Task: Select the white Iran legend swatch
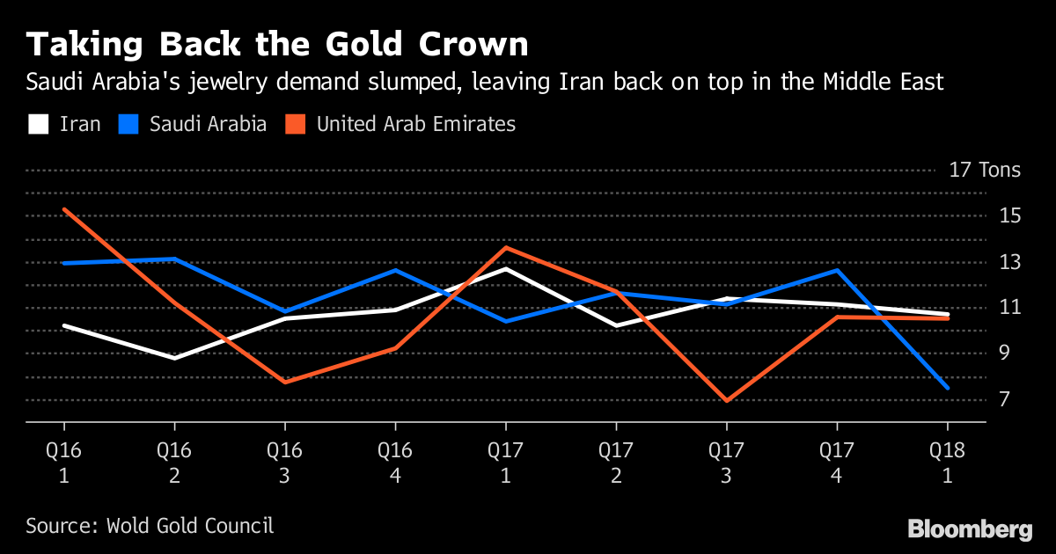(x=38, y=124)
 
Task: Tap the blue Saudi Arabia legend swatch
(x=128, y=124)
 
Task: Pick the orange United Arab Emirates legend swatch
(x=296, y=124)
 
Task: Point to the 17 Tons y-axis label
(x=985, y=170)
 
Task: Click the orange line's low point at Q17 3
(x=727, y=401)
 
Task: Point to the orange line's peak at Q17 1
(x=506, y=247)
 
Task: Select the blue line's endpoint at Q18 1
(x=948, y=388)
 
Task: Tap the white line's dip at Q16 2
(x=174, y=358)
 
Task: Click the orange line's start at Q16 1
(x=63, y=209)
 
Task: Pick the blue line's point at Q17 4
(x=837, y=270)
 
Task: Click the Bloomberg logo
(x=970, y=529)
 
